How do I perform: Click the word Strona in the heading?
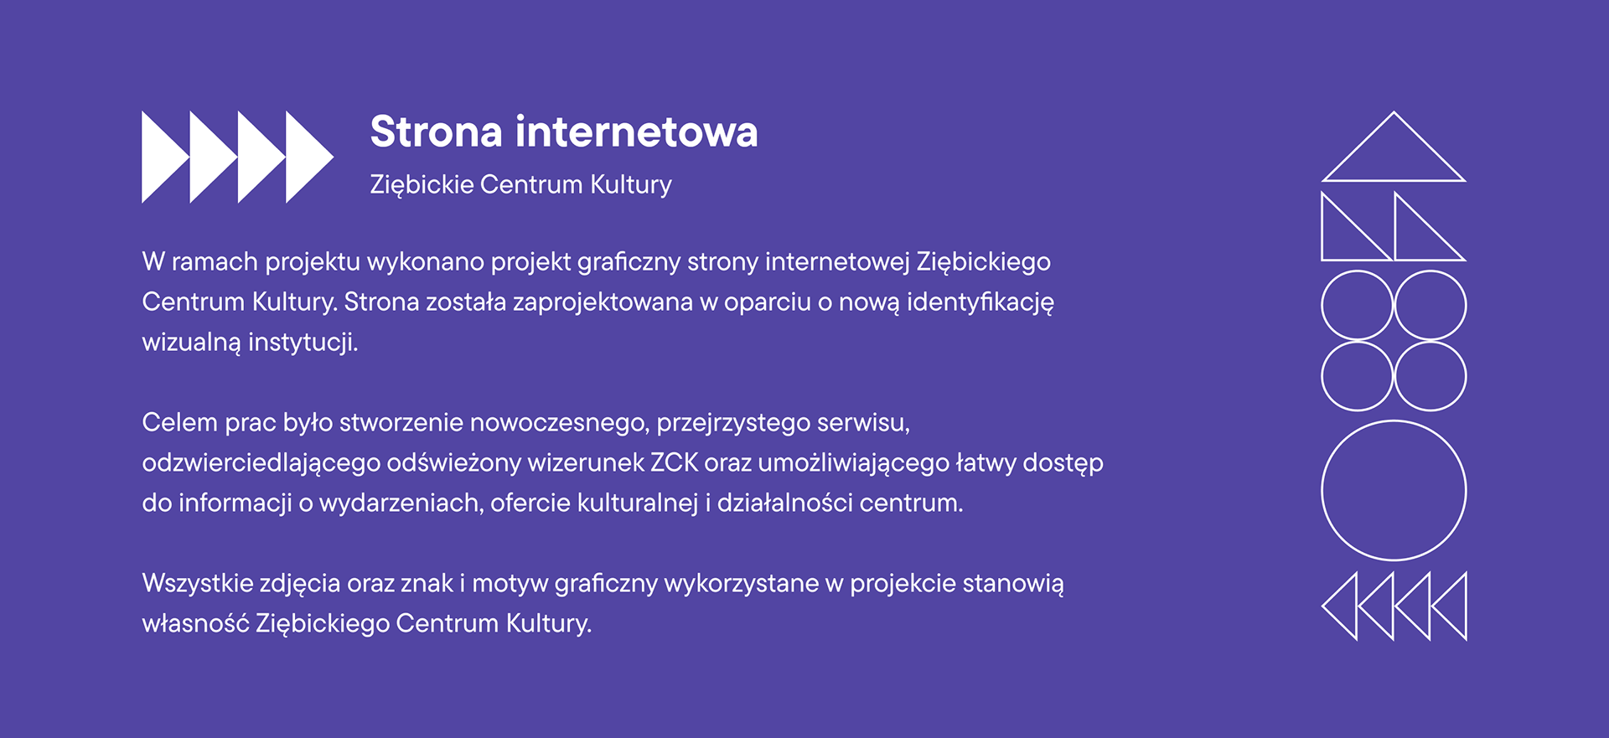coord(437,132)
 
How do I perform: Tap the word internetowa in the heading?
coord(637,132)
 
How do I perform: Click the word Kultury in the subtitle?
coord(631,185)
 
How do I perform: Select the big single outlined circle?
coord(1394,421)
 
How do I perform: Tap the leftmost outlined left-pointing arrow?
coord(1323,606)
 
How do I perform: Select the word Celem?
coord(179,422)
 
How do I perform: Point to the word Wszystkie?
coord(197,583)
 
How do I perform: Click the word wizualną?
coord(191,343)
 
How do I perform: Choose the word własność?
coord(195,623)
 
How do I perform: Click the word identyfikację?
coord(980,302)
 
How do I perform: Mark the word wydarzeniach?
coord(401,503)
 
